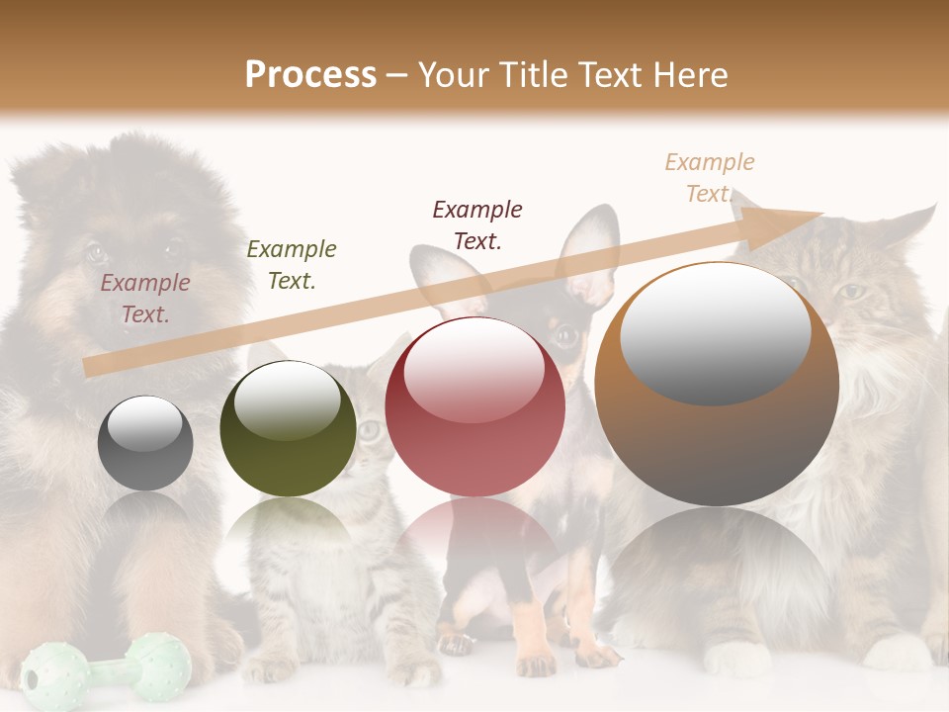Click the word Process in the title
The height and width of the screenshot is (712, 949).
point(310,74)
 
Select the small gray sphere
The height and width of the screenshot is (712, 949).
point(145,443)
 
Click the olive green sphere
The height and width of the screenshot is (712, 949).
point(288,428)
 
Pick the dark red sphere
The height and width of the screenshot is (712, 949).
point(474,406)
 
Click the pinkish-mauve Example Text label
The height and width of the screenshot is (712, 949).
point(145,299)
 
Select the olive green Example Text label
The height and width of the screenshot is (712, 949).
point(291,265)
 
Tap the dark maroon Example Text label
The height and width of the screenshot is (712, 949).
point(477,225)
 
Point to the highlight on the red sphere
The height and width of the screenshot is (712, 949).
point(474,368)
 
